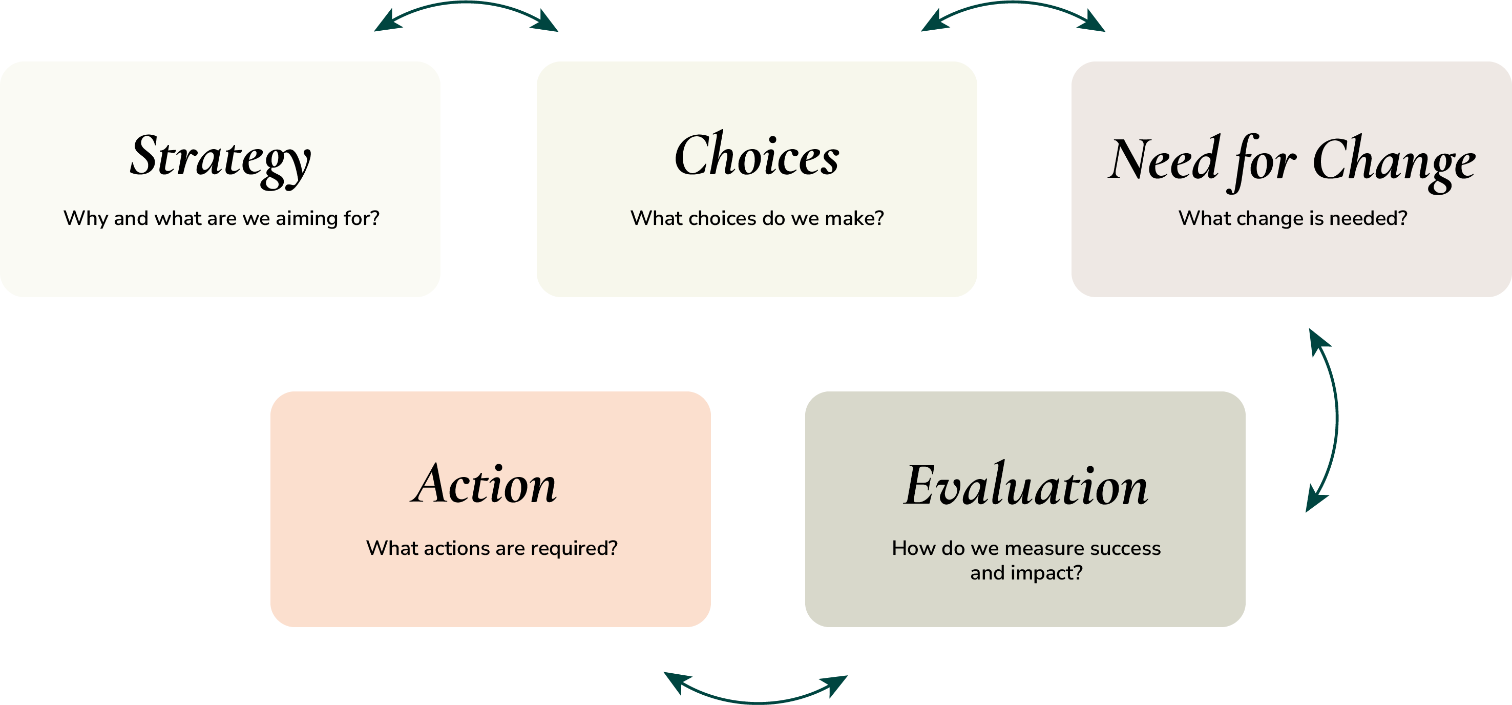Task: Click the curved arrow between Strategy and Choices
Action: click(x=466, y=4)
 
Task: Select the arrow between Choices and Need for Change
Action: click(x=1013, y=4)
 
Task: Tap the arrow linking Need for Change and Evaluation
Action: click(x=1336, y=419)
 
